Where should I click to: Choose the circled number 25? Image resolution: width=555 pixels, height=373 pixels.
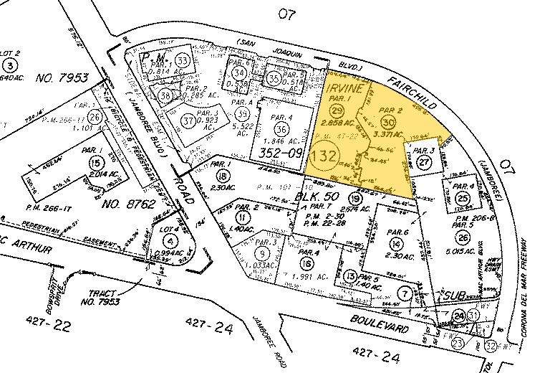tap(464, 198)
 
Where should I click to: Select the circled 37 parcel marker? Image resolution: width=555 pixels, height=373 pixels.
tap(170, 121)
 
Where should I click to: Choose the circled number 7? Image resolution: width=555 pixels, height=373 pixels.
tap(406, 292)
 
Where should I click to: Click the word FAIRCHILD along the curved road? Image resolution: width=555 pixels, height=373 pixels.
tap(411, 89)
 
